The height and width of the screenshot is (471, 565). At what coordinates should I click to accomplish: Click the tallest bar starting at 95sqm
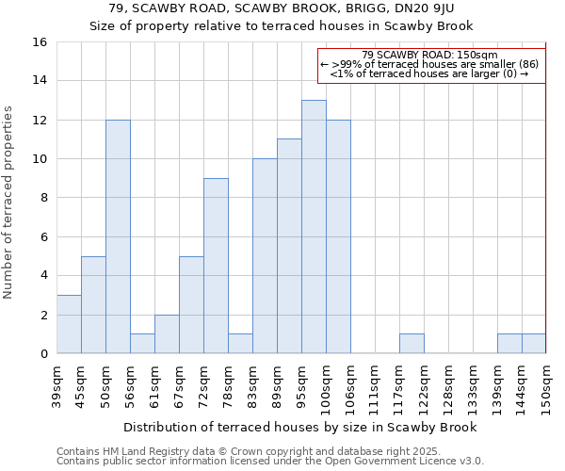[x=314, y=227]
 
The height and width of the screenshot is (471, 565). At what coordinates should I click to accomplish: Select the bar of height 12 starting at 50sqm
[x=118, y=236]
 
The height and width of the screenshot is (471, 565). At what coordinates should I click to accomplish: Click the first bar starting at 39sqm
[x=69, y=324]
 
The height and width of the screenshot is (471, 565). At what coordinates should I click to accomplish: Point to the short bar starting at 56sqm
[x=142, y=344]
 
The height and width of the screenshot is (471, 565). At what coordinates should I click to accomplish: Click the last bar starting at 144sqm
[x=534, y=344]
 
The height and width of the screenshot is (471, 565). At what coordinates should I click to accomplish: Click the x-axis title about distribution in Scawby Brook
[x=299, y=427]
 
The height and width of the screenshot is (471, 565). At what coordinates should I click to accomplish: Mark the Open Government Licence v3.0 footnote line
[x=270, y=461]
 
